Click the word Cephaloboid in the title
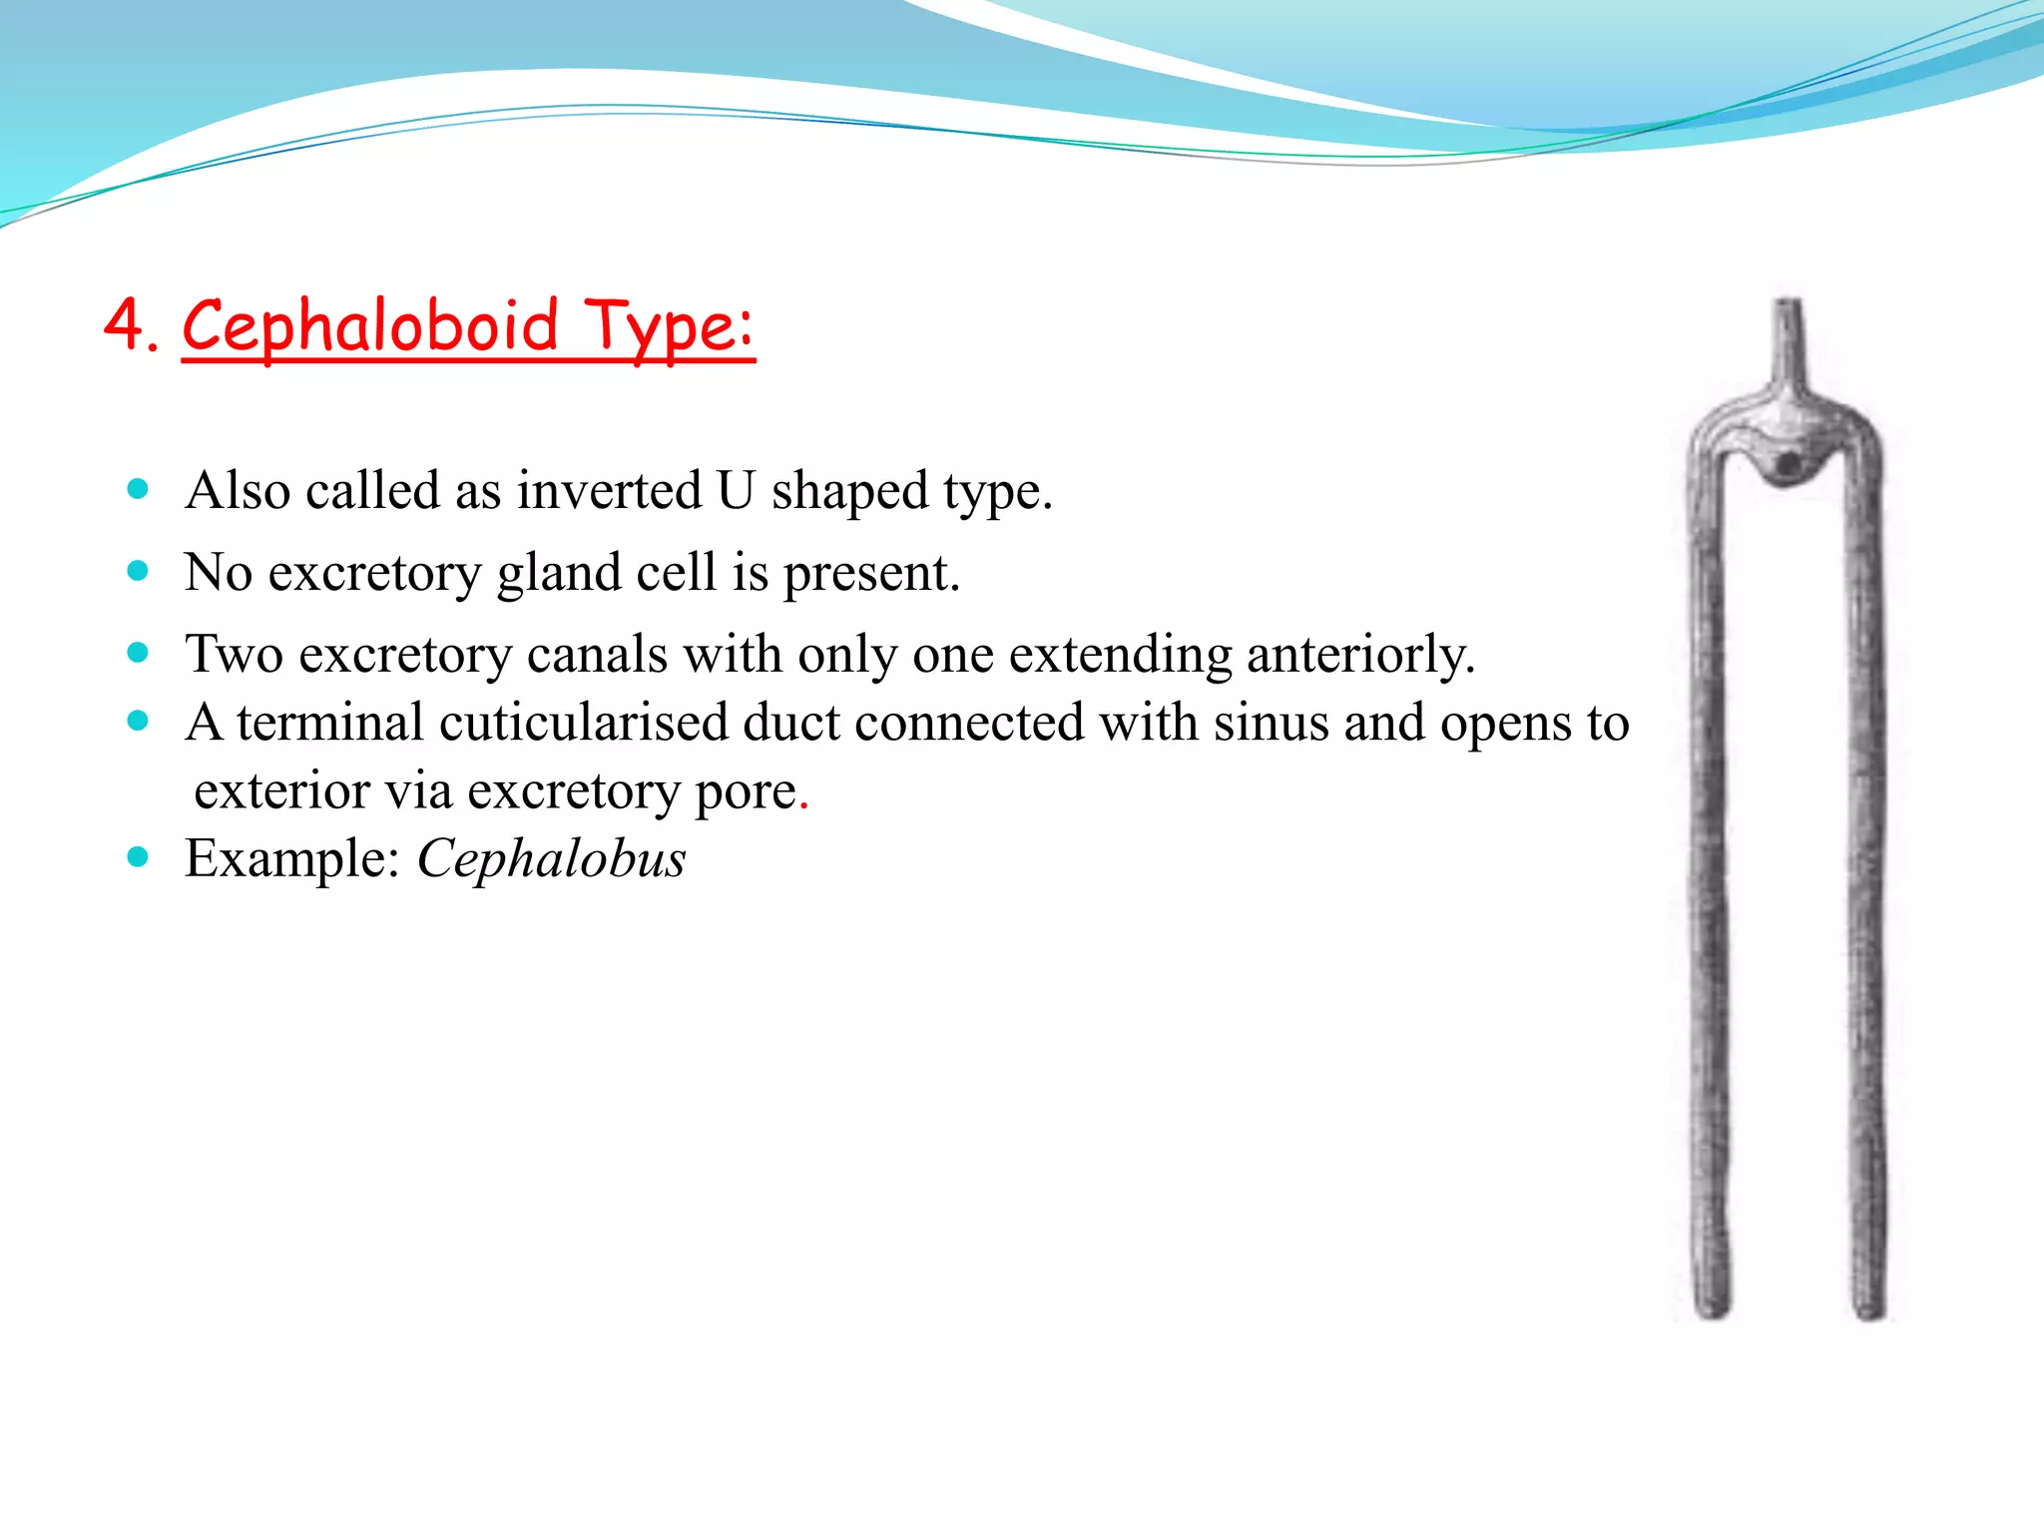coord(369,327)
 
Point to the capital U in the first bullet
coord(736,491)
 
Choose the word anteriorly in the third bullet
coord(1359,656)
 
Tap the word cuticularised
coord(583,723)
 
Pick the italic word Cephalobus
coord(551,859)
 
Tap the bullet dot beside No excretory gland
coord(139,572)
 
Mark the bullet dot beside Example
coord(139,857)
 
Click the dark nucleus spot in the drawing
coord(1788,464)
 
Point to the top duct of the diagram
coord(1788,339)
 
